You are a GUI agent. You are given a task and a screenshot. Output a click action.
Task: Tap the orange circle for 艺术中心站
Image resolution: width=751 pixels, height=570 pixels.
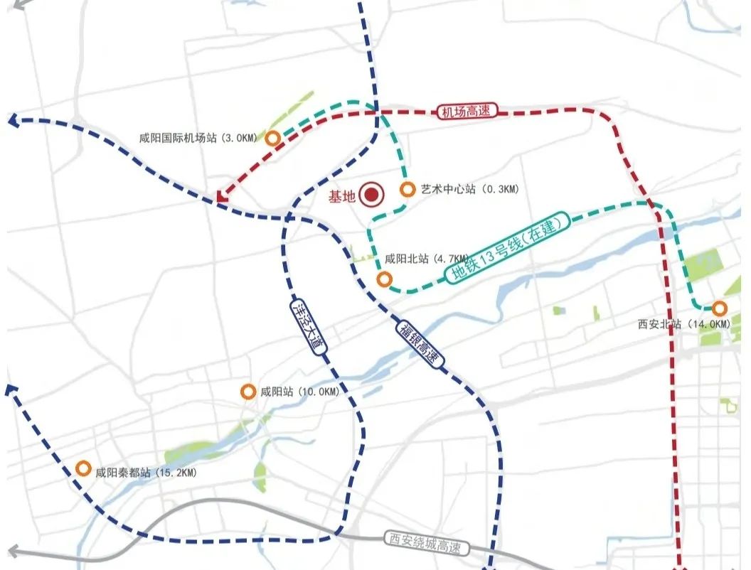[408, 190]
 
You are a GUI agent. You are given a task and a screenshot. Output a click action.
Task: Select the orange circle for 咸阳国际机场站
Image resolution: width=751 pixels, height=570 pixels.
[272, 139]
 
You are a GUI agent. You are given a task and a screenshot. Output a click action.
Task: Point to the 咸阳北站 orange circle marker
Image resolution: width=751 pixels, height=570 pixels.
[384, 279]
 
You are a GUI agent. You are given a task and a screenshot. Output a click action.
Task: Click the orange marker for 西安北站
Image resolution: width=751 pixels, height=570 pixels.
[720, 308]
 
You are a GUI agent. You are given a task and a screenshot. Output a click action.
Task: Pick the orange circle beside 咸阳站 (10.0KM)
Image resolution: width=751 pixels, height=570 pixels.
[248, 392]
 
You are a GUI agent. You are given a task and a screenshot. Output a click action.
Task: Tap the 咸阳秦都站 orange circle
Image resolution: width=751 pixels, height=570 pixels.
[83, 469]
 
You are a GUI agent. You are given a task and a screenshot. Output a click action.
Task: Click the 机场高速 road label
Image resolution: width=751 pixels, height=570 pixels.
[467, 112]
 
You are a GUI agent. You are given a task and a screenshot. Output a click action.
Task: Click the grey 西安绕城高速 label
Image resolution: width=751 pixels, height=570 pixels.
[426, 544]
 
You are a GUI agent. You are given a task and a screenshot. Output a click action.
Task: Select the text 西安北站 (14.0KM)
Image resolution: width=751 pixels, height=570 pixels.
[683, 324]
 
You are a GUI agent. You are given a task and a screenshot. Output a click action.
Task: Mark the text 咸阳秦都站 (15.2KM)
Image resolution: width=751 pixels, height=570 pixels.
[146, 472]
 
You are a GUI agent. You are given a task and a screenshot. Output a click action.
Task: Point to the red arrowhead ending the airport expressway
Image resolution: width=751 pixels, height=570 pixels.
[222, 195]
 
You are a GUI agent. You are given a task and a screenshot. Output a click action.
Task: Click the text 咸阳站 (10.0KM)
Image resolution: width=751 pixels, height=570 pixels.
[299, 392]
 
